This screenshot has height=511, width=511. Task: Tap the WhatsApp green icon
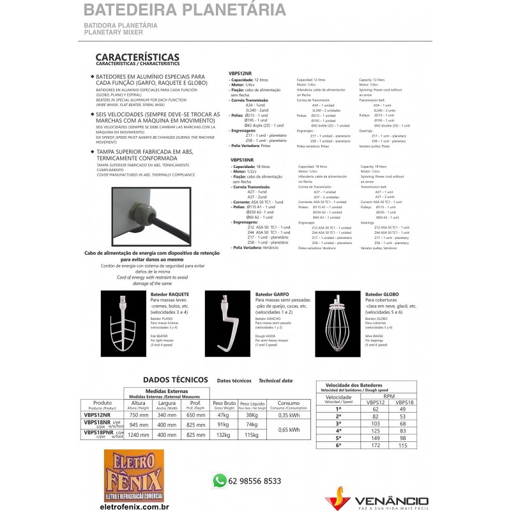(x=220, y=479)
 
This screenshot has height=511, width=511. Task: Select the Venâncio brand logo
(x=377, y=495)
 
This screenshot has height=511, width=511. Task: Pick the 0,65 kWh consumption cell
(x=289, y=429)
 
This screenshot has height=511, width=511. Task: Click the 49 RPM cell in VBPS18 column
(x=403, y=408)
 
